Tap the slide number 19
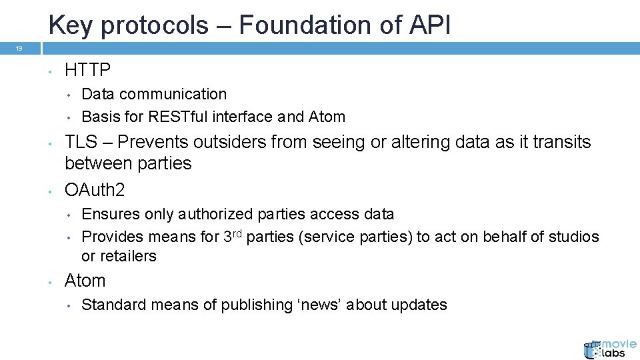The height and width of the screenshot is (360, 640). click(19, 49)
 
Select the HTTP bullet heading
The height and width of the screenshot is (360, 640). click(87, 69)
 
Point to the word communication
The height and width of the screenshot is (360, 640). click(173, 94)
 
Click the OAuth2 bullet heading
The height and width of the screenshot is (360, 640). click(95, 190)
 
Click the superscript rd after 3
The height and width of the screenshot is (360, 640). click(237, 233)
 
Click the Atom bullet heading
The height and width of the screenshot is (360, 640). click(85, 281)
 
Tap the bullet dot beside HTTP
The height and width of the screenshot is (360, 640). click(50, 70)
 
